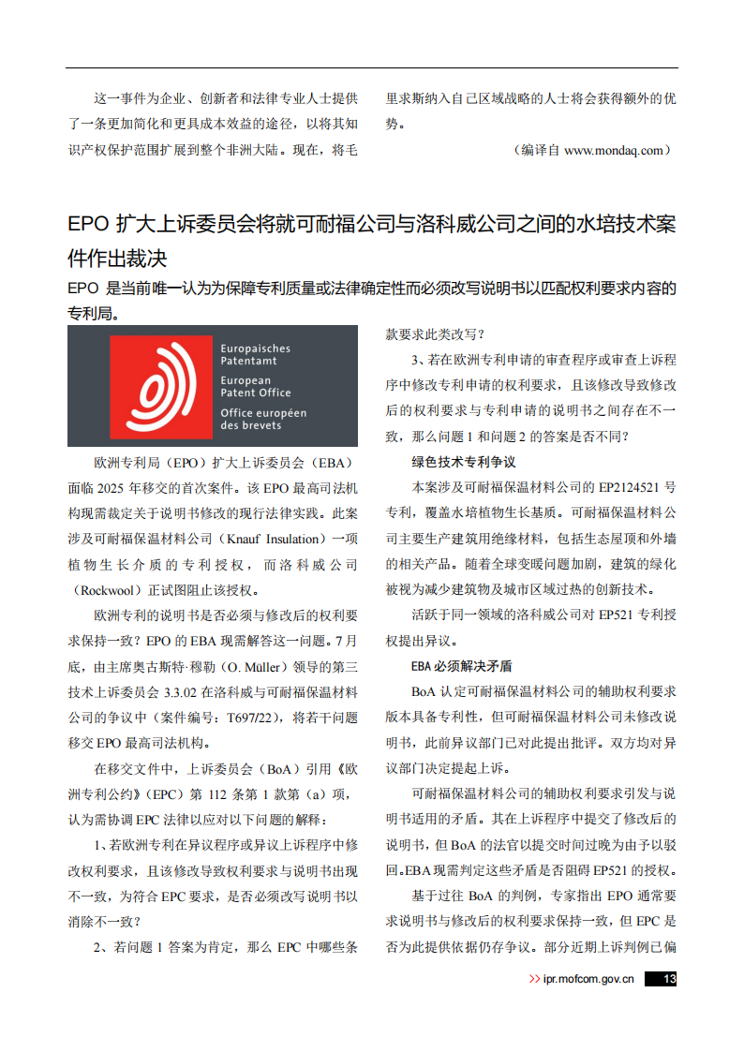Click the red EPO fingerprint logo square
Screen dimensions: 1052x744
161,385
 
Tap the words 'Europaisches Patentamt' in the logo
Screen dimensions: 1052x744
255,354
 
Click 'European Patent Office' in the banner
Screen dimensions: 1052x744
256,386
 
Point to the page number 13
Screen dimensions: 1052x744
668,979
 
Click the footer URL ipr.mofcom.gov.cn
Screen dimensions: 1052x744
589,979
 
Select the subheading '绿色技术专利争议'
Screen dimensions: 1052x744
464,462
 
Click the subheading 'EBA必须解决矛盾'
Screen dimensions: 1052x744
461,666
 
